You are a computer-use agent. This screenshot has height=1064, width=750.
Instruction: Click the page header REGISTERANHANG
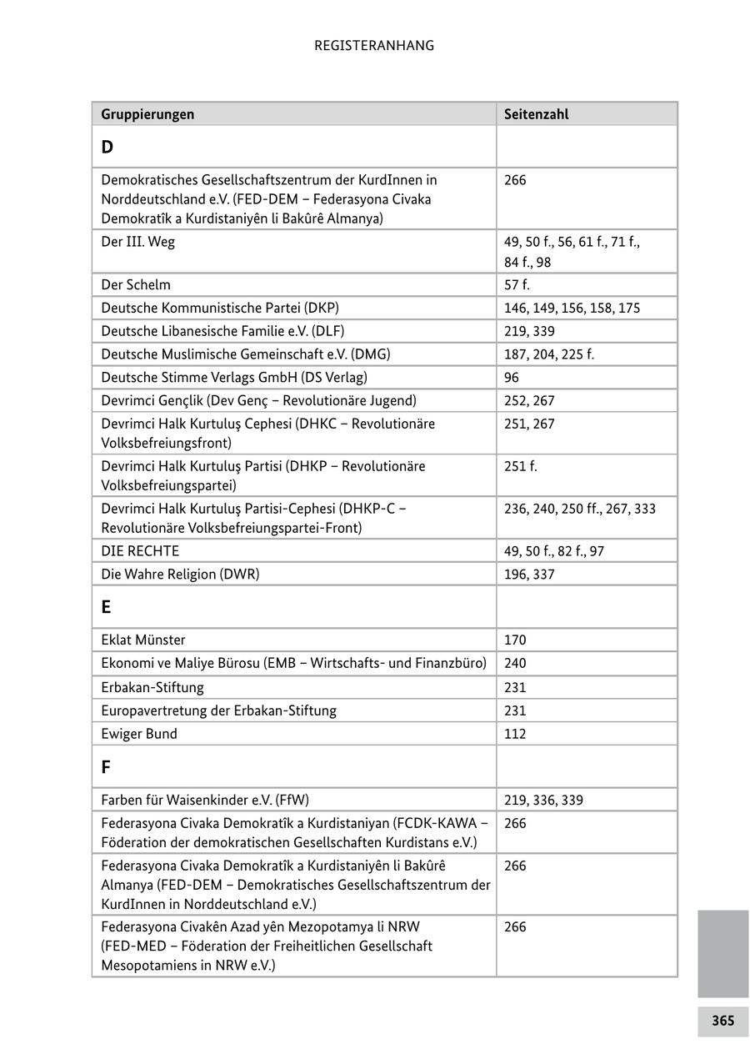click(x=374, y=46)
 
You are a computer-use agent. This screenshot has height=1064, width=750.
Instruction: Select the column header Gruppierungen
click(x=147, y=114)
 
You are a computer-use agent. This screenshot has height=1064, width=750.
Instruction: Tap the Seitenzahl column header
click(x=536, y=114)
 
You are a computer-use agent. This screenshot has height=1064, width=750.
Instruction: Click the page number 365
click(x=722, y=1021)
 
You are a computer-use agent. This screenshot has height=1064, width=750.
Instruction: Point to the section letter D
click(x=107, y=148)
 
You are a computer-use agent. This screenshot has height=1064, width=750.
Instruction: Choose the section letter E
click(x=107, y=607)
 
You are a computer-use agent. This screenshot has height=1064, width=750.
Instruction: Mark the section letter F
click(x=106, y=767)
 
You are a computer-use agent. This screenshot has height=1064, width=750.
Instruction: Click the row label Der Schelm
click(x=136, y=284)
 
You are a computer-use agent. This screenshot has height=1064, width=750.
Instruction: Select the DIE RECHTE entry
click(x=140, y=551)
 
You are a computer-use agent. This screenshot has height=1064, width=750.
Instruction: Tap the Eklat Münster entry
click(x=143, y=640)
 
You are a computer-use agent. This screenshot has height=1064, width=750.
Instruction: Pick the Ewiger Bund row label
click(x=139, y=734)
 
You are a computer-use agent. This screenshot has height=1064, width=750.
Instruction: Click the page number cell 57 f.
click(x=517, y=284)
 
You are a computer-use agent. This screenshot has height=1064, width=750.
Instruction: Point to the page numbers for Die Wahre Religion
click(x=529, y=575)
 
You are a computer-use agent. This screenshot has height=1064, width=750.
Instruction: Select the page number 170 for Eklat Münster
click(x=515, y=640)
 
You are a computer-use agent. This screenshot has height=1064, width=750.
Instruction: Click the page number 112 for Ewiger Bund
click(x=515, y=734)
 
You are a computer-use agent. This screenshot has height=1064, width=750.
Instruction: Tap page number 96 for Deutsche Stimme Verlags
click(x=512, y=377)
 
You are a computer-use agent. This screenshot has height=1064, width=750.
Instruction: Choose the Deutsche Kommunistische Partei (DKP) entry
click(x=220, y=308)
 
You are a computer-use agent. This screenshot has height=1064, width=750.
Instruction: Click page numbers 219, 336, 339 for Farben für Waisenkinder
click(x=543, y=801)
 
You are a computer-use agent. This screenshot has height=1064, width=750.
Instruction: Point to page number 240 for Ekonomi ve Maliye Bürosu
click(x=515, y=664)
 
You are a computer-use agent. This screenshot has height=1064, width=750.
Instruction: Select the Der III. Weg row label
click(x=138, y=242)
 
